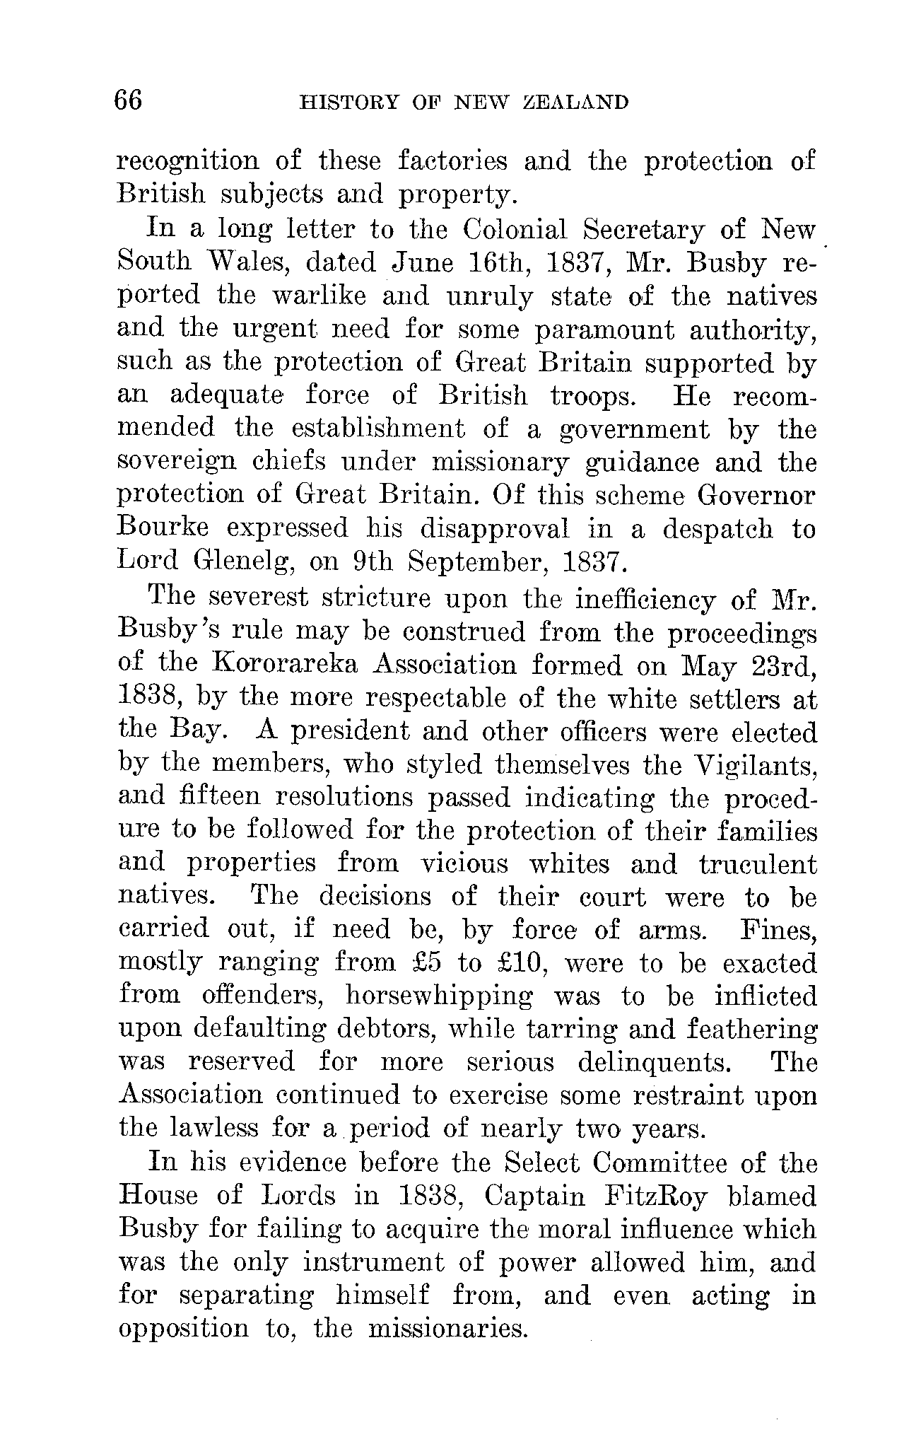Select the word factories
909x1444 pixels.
452,162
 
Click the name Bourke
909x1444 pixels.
162,528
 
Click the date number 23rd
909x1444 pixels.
782,665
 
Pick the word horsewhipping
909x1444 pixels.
439,997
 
